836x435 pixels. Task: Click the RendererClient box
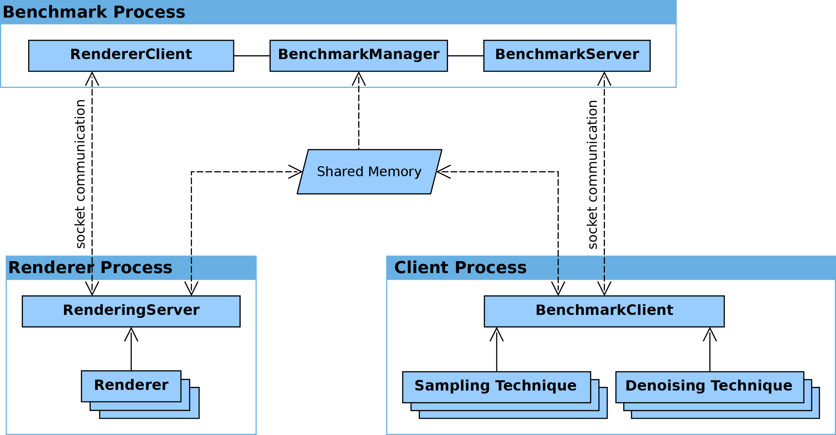tap(131, 55)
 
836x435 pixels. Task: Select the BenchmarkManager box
tap(358, 55)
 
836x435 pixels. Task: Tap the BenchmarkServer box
tap(567, 55)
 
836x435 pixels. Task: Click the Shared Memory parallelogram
tap(369, 172)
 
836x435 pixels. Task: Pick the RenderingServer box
tap(131, 311)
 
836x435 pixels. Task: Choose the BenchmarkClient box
tap(604, 311)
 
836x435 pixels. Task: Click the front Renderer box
tap(131, 386)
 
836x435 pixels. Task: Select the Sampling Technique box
tap(496, 387)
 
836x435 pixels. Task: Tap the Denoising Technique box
tap(709, 387)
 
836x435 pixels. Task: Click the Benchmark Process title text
tap(94, 12)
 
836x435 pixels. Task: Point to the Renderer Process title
tap(90, 268)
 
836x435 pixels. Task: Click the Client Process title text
tap(460, 268)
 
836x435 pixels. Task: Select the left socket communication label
tap(80, 174)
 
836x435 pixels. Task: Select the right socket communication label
tap(592, 174)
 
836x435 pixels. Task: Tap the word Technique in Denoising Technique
tap(752, 386)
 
